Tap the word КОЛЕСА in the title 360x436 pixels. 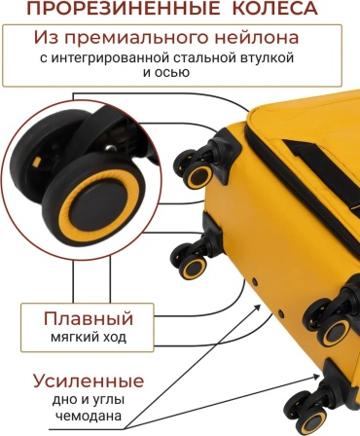[x=274, y=8]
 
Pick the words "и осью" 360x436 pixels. [x=166, y=72]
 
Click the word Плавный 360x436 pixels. [x=89, y=318]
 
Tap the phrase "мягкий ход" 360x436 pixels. [x=89, y=338]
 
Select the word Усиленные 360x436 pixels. [x=89, y=381]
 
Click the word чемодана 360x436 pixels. [x=89, y=416]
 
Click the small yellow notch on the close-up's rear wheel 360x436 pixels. [x=38, y=161]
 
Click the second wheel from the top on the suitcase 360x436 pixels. [x=190, y=261]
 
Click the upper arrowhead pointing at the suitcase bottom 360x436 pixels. [x=257, y=308]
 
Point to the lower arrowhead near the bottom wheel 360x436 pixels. [x=315, y=377]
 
